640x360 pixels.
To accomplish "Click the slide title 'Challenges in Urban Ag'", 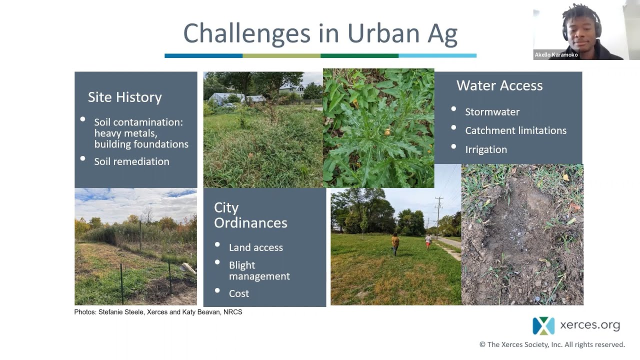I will click(x=320, y=33).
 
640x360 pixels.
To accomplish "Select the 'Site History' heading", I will click(x=124, y=97).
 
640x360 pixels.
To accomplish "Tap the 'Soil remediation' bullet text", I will click(x=131, y=161).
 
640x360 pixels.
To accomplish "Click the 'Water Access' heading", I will click(x=499, y=85).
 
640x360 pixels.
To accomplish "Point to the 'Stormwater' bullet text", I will click(x=492, y=112).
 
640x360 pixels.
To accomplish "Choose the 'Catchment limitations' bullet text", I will click(x=515, y=130).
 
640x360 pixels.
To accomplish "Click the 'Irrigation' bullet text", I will click(x=485, y=149).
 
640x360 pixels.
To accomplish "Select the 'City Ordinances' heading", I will click(x=250, y=215).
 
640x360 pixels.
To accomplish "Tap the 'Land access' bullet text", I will click(x=255, y=247).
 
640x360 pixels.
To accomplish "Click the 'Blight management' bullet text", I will click(x=259, y=270).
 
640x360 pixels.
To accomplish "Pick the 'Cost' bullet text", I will click(x=238, y=293).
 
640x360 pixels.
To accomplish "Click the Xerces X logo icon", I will click(x=543, y=326).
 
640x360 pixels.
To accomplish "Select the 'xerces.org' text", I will click(x=590, y=325).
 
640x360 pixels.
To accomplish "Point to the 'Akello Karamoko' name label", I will click(x=556, y=55).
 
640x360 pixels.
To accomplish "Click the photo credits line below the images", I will click(x=158, y=312).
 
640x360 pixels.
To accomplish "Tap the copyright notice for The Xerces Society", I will click(x=552, y=344).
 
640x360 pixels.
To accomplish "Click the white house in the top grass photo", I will click(x=292, y=88).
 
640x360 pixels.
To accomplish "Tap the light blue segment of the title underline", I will click(x=437, y=55).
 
